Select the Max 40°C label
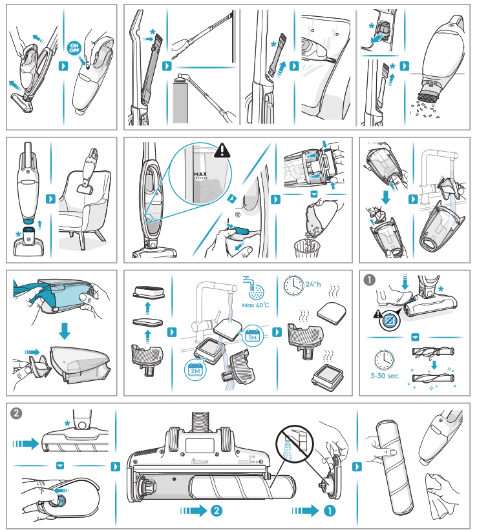coord(255,304)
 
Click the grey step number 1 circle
coord(369,280)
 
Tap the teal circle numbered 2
coord(218,510)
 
